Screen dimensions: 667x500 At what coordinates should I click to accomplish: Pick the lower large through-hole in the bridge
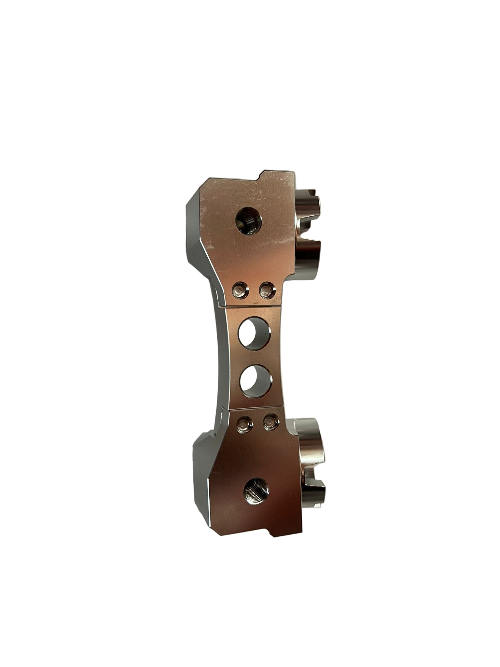point(256,381)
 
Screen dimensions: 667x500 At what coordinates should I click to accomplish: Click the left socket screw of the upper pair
point(240,290)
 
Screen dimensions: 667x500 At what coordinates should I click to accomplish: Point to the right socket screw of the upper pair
point(267,290)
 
